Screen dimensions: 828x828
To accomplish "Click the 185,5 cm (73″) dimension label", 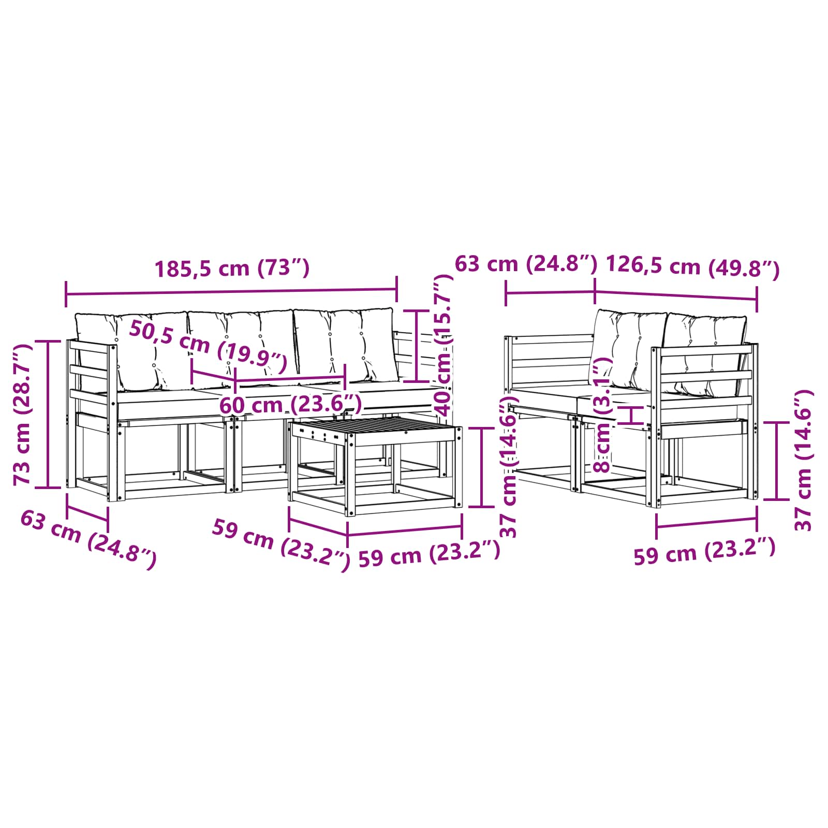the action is pyautogui.click(x=232, y=268).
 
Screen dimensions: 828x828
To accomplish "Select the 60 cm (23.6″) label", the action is pyautogui.click(x=290, y=404).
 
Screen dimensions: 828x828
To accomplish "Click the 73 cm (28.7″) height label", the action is pyautogui.click(x=23, y=414).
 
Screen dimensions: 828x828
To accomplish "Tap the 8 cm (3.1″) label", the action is pyautogui.click(x=603, y=414).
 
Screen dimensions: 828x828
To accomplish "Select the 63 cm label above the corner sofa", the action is pyautogui.click(x=526, y=264).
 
